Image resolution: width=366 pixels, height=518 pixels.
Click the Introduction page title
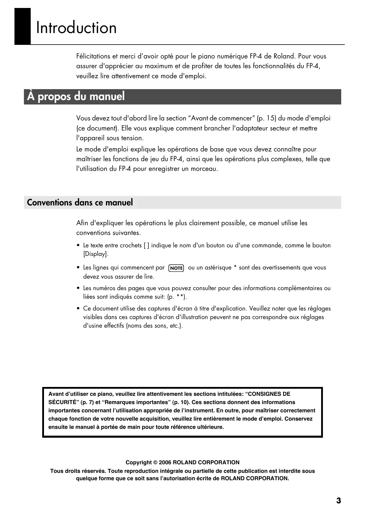pos(76,28)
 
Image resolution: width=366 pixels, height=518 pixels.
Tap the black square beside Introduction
pos(22,26)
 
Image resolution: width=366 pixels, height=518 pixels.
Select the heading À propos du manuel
pos(76,97)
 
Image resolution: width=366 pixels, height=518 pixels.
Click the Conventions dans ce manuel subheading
pos(80,202)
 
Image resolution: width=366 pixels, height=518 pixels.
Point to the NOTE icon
pos(176,268)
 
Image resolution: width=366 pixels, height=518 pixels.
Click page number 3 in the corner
pos(339,501)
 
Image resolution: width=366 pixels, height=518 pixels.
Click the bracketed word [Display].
pos(96,254)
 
